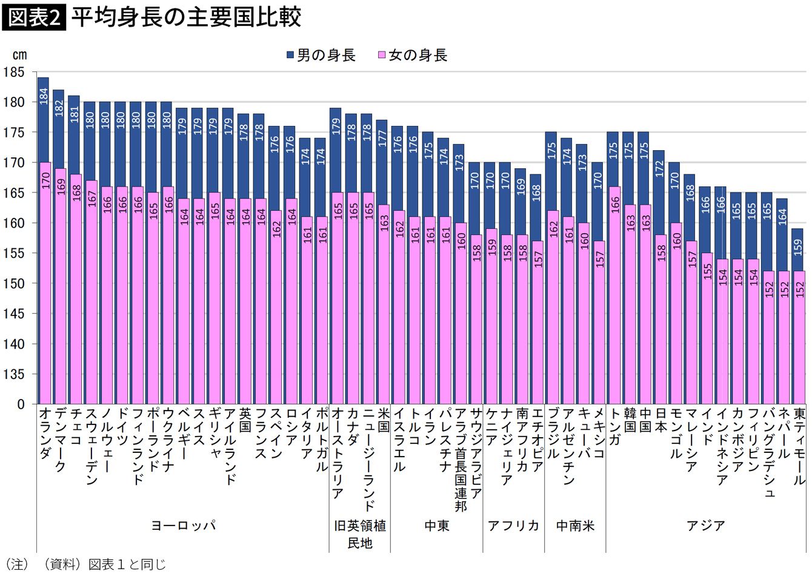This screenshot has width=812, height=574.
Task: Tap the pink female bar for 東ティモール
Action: [798, 339]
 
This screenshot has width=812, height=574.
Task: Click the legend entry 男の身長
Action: [321, 55]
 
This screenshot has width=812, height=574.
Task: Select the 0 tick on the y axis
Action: [21, 404]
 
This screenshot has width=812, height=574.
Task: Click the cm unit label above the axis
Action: [19, 55]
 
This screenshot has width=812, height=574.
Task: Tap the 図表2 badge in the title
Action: [34, 18]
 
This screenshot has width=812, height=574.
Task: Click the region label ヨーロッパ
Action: [183, 525]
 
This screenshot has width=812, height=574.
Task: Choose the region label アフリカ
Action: [513, 525]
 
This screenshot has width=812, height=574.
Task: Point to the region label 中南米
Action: [575, 525]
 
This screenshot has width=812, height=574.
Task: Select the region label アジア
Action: [705, 525]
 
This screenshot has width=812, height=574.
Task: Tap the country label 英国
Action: [244, 419]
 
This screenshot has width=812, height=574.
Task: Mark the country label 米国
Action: [383, 419]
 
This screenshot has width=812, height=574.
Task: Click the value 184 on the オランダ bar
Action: [43, 96]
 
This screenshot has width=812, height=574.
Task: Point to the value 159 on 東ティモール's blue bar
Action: [798, 247]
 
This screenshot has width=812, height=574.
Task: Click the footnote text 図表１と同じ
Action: [127, 565]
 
